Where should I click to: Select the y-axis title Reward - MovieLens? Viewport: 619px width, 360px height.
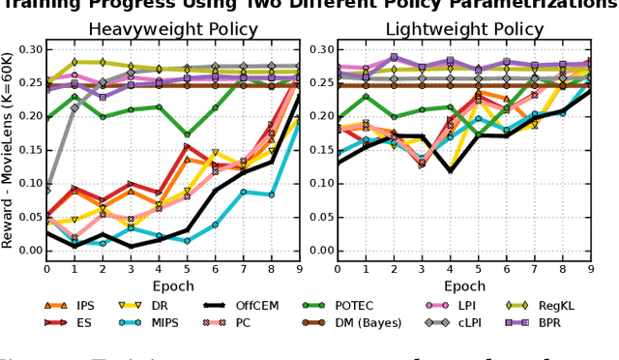point(9,155)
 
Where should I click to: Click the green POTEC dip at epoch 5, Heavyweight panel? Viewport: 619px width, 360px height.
point(188,134)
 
